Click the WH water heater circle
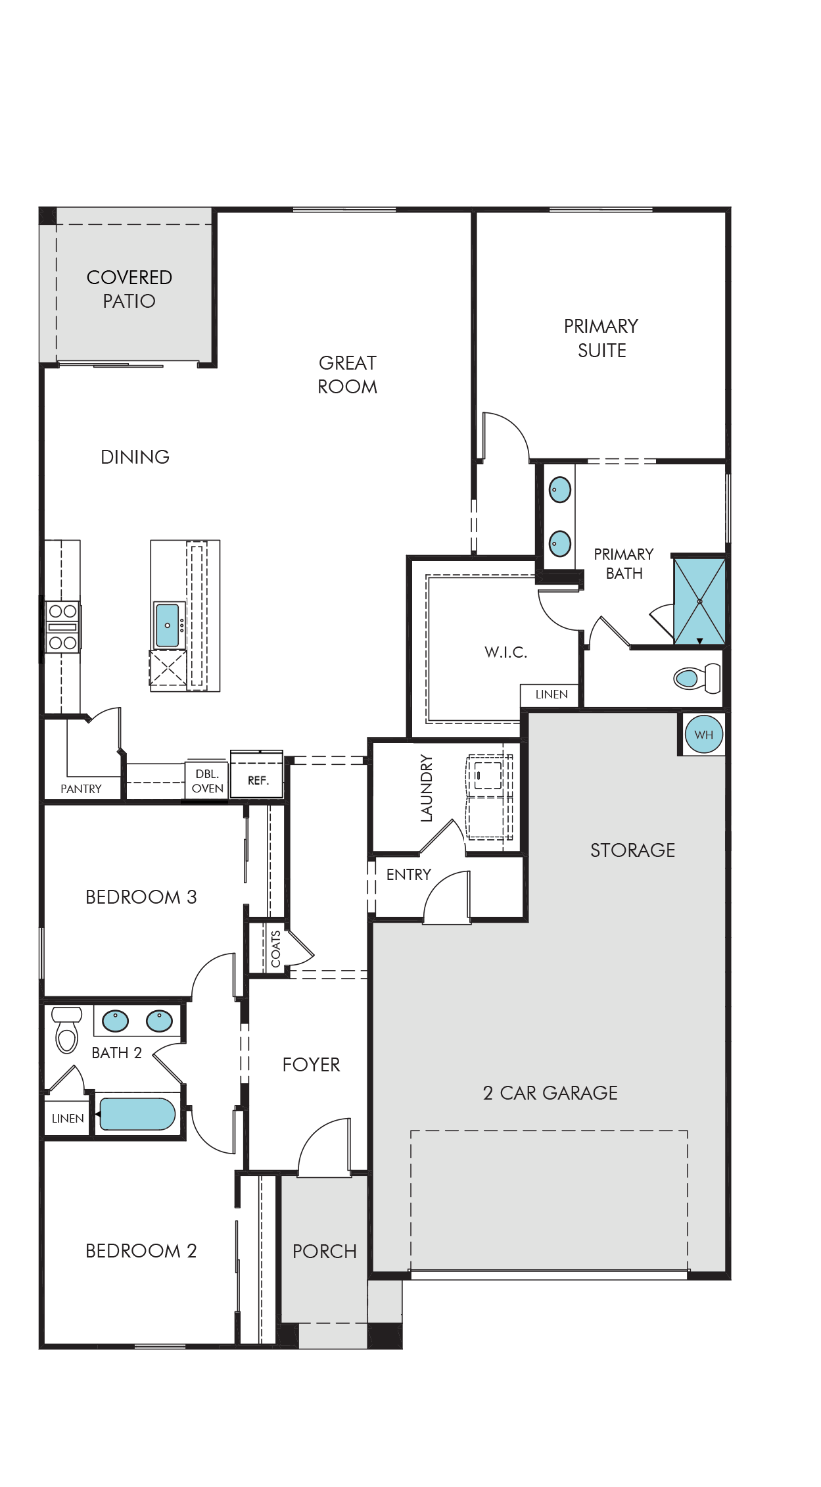[703, 735]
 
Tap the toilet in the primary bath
[697, 678]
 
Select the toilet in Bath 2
[67, 1030]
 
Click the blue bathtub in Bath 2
[137, 1114]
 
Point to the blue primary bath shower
[699, 602]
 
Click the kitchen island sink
[168, 625]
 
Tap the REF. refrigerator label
[258, 781]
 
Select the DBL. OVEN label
[208, 781]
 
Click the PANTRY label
[81, 789]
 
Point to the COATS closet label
[275, 949]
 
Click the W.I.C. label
[506, 652]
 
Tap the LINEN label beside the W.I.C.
[551, 695]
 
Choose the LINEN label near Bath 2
[68, 1119]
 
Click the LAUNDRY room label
[427, 788]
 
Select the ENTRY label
[409, 875]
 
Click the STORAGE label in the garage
[633, 850]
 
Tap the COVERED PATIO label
[129, 289]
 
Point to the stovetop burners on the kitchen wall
[62, 627]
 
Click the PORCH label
[325, 1252]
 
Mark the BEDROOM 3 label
[141, 897]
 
